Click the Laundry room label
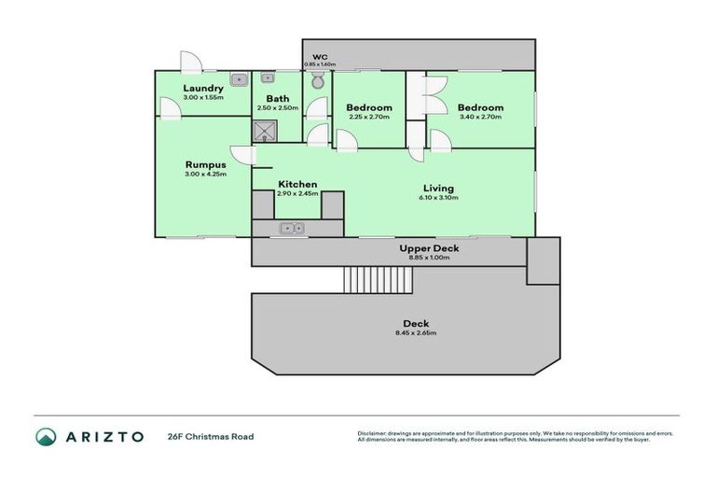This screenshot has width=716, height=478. tap(203, 89)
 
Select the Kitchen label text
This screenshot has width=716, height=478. tap(297, 184)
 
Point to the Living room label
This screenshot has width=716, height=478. tap(438, 188)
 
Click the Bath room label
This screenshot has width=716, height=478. tap(277, 98)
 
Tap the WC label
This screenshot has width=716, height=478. tap(320, 57)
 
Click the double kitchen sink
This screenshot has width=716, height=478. tap(293, 227)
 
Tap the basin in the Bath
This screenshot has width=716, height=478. tap(268, 78)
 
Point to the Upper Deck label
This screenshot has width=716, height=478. tap(429, 248)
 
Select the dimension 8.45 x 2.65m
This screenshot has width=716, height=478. tap(415, 332)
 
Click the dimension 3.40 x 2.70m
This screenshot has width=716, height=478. tap(480, 118)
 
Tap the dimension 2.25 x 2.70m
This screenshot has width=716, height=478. tap(369, 118)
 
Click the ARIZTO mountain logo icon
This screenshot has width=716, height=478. tap(46, 436)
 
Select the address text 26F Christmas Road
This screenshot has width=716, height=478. tap(210, 436)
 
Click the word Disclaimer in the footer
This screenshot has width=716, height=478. tap(371, 433)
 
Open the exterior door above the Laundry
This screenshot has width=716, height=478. tap(191, 63)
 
